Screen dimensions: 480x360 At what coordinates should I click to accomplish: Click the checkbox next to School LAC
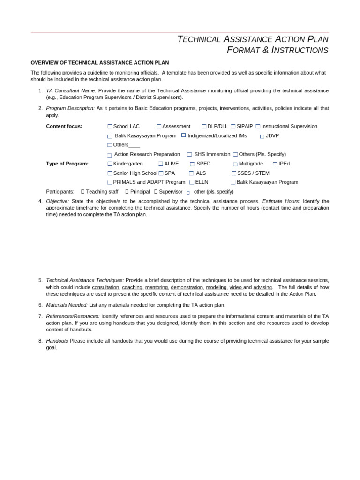click(x=110, y=127)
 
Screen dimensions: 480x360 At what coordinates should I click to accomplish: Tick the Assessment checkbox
click(x=159, y=127)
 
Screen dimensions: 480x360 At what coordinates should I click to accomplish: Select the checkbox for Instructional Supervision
click(x=258, y=127)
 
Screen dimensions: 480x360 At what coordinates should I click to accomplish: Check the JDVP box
click(x=262, y=136)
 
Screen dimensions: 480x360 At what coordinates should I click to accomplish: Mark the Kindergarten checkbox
click(x=110, y=164)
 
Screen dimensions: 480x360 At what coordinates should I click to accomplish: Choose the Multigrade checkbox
click(x=235, y=164)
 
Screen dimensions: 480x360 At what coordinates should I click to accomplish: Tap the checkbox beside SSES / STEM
click(x=233, y=173)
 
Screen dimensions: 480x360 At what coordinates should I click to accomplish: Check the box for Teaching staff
click(x=82, y=192)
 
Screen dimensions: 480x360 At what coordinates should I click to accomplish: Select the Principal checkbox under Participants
click(x=127, y=192)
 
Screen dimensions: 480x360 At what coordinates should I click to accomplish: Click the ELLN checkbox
click(x=191, y=182)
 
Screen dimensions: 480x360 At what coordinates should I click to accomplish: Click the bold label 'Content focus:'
click(x=64, y=127)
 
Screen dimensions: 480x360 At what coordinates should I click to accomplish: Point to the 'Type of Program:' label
click(x=67, y=164)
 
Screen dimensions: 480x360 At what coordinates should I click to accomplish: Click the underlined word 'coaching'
click(x=132, y=287)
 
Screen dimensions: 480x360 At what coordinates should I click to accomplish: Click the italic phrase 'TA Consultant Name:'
click(x=71, y=90)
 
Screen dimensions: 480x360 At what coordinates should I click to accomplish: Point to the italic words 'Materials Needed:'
click(x=67, y=305)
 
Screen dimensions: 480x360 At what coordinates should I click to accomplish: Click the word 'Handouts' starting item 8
click(x=57, y=341)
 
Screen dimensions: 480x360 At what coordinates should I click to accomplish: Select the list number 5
click(x=40, y=280)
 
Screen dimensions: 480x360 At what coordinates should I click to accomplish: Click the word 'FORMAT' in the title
click(x=243, y=51)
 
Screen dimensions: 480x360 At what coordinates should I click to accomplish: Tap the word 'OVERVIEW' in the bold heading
click(x=44, y=63)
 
